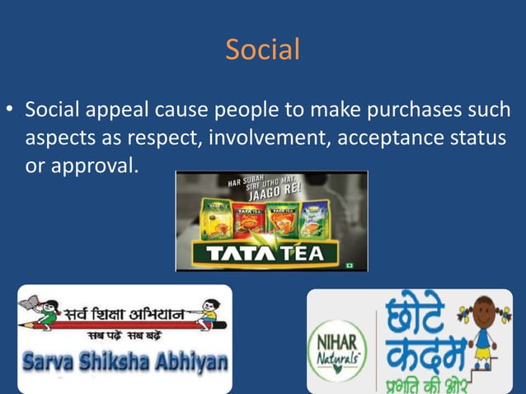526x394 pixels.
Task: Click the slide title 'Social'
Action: (x=263, y=50)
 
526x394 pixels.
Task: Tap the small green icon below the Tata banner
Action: (x=350, y=266)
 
